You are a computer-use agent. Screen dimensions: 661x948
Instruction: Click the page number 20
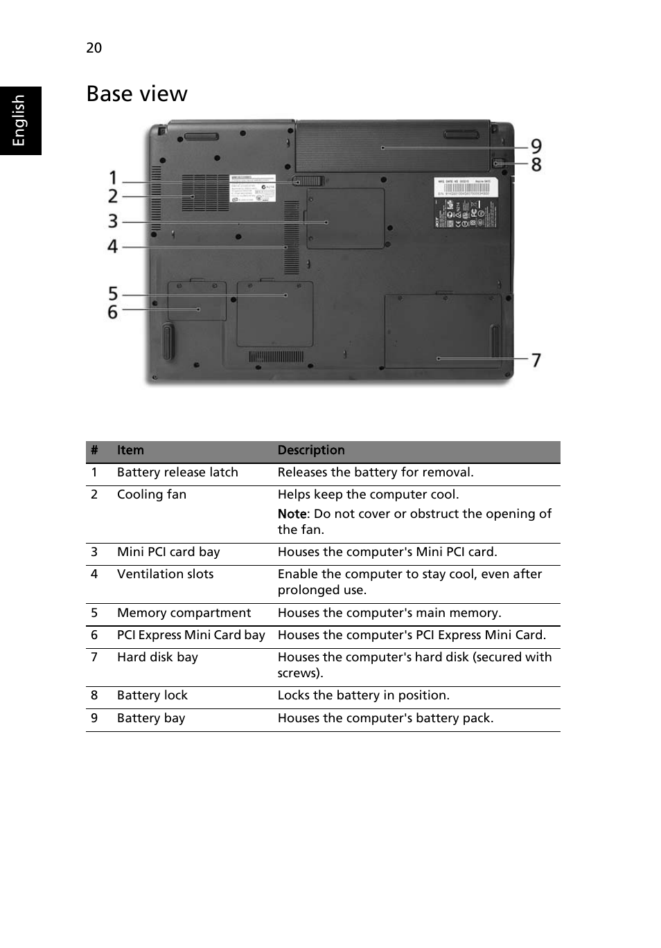pyautogui.click(x=94, y=48)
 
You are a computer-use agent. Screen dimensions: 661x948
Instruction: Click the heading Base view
pyautogui.click(x=136, y=93)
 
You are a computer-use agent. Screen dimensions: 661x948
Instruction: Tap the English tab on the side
pyautogui.click(x=19, y=120)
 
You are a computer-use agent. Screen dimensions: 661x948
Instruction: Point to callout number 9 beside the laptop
pyautogui.click(x=536, y=146)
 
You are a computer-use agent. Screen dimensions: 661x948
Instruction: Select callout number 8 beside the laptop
pyautogui.click(x=536, y=165)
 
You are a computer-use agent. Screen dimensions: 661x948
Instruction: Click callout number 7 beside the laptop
pyautogui.click(x=536, y=359)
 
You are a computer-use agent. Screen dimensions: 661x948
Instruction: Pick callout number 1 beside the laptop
pyautogui.click(x=114, y=178)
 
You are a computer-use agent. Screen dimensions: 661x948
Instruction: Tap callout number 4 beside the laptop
pyautogui.click(x=113, y=246)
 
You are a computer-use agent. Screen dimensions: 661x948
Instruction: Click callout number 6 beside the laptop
pyautogui.click(x=113, y=312)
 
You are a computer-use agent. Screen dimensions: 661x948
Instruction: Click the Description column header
pyautogui.click(x=311, y=451)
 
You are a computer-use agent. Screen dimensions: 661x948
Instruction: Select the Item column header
pyautogui.click(x=130, y=451)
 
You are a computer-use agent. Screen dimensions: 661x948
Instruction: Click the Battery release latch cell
pyautogui.click(x=177, y=473)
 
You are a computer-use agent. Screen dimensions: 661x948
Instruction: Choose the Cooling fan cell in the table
pyautogui.click(x=152, y=495)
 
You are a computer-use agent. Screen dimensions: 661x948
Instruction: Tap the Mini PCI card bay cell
pyautogui.click(x=168, y=553)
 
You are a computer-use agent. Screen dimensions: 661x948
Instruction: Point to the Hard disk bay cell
pyautogui.click(x=157, y=658)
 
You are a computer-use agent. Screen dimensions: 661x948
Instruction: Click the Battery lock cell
pyautogui.click(x=152, y=696)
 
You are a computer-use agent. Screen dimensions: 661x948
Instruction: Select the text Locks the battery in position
pyautogui.click(x=364, y=696)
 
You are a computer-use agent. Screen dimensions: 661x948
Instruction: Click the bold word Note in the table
pyautogui.click(x=292, y=515)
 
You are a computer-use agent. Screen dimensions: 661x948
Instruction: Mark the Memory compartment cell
pyautogui.click(x=184, y=614)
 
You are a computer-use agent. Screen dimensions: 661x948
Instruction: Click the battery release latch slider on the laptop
pyautogui.click(x=308, y=181)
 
